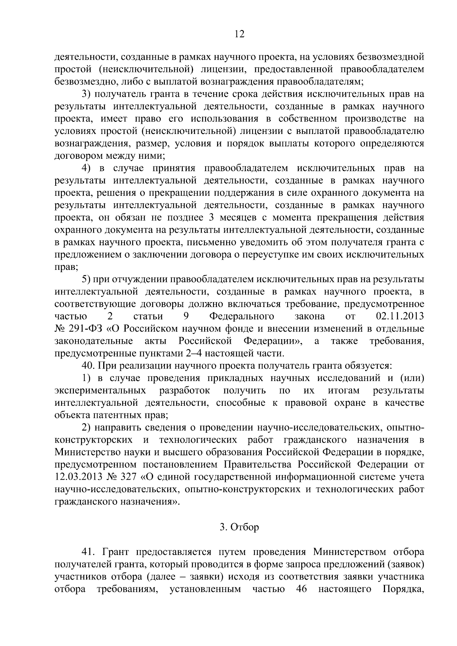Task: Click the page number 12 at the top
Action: coord(239,34)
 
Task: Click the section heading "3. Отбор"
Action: coord(240,527)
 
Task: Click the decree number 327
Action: coord(129,477)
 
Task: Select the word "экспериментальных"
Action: coord(100,391)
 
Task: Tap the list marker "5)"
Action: coord(86,279)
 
